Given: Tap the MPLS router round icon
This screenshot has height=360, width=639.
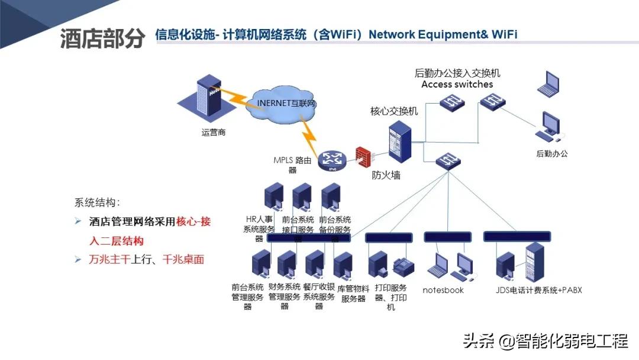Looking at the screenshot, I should click(x=331, y=160).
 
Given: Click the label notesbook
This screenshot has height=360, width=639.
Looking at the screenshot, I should click(x=443, y=290).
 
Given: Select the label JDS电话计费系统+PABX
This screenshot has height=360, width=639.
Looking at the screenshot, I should click(x=539, y=290).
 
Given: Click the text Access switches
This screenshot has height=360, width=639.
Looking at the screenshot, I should click(x=457, y=84).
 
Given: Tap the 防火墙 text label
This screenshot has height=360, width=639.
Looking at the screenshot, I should click(x=386, y=175).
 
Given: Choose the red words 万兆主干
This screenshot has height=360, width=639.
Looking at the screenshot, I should click(x=109, y=259).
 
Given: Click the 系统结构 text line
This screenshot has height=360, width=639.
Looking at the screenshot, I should click(x=98, y=202).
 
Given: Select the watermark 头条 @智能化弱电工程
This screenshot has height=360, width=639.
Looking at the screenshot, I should click(x=545, y=342).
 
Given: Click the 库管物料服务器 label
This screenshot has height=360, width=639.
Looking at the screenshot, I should click(x=353, y=293).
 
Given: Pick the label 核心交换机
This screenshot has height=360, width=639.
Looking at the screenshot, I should click(x=393, y=111).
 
